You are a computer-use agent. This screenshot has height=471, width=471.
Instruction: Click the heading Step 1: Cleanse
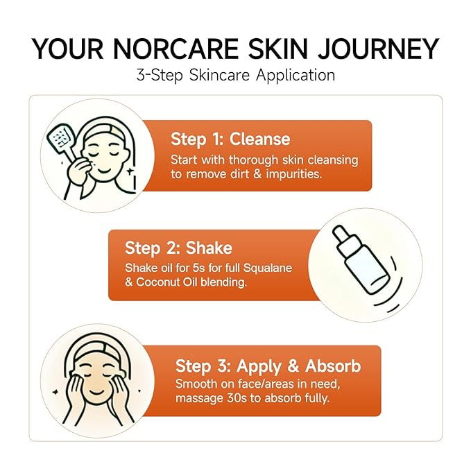tap(230, 139)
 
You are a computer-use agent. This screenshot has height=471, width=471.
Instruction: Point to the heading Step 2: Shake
tap(178, 248)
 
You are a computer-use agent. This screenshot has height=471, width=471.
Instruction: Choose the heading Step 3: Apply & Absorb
tap(268, 366)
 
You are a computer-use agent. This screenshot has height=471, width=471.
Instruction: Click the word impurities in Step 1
tap(291, 174)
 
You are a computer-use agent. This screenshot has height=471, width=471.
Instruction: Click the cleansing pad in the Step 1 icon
tap(61, 139)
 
